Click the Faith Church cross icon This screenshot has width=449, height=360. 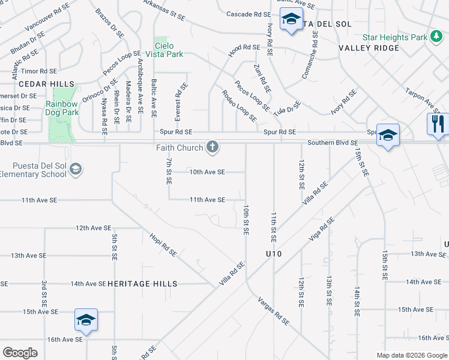pyautogui.click(x=212, y=146)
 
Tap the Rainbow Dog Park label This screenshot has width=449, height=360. pyautogui.click(x=62, y=108)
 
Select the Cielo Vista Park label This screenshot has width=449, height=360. pyautogui.click(x=169, y=50)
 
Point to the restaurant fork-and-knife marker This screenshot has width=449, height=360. pyautogui.click(x=438, y=124)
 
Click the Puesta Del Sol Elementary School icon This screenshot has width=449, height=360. pyautogui.click(x=76, y=170)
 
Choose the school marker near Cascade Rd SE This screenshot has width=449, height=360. pyautogui.click(x=291, y=20)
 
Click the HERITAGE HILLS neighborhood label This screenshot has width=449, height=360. pyautogui.click(x=142, y=284)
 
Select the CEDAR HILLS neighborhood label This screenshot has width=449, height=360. pyautogui.click(x=37, y=83)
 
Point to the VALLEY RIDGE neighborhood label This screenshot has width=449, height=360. pyautogui.click(x=369, y=48)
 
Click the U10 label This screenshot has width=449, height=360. pyautogui.click(x=274, y=254)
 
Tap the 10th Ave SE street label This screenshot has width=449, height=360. pyautogui.click(x=207, y=172)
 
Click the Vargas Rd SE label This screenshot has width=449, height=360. pyautogui.click(x=274, y=311)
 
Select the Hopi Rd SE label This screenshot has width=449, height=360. pyautogui.click(x=163, y=244)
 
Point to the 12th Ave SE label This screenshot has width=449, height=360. pyautogui.click(x=93, y=228)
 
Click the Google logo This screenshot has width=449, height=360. pyautogui.click(x=20, y=353)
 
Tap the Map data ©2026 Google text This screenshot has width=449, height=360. pyautogui.click(x=411, y=355)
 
